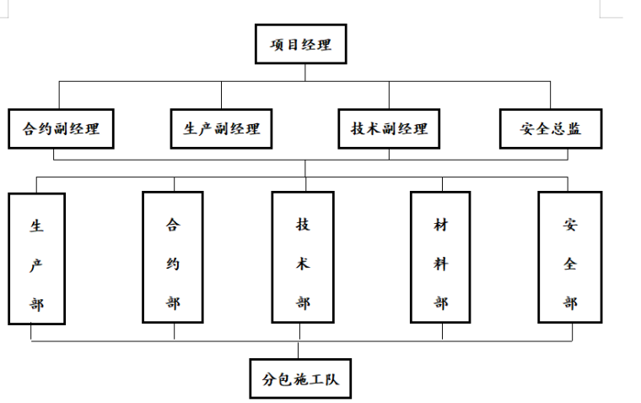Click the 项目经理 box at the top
tap(300, 45)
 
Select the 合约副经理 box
tap(61, 129)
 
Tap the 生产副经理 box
tap(222, 129)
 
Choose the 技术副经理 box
tap(389, 129)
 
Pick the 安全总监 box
tap(551, 129)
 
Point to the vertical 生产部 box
tap(37, 259)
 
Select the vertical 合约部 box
tap(173, 258)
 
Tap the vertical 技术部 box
tap(303, 258)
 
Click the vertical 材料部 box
tap(441, 258)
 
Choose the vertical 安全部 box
tap(570, 258)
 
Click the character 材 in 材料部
tap(441, 225)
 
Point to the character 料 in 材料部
tap(441, 264)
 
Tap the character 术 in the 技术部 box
tap(303, 264)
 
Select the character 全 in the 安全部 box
tap(570, 264)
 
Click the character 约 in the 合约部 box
tap(173, 264)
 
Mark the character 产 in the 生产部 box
tap(37, 264)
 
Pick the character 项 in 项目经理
tap(277, 45)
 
